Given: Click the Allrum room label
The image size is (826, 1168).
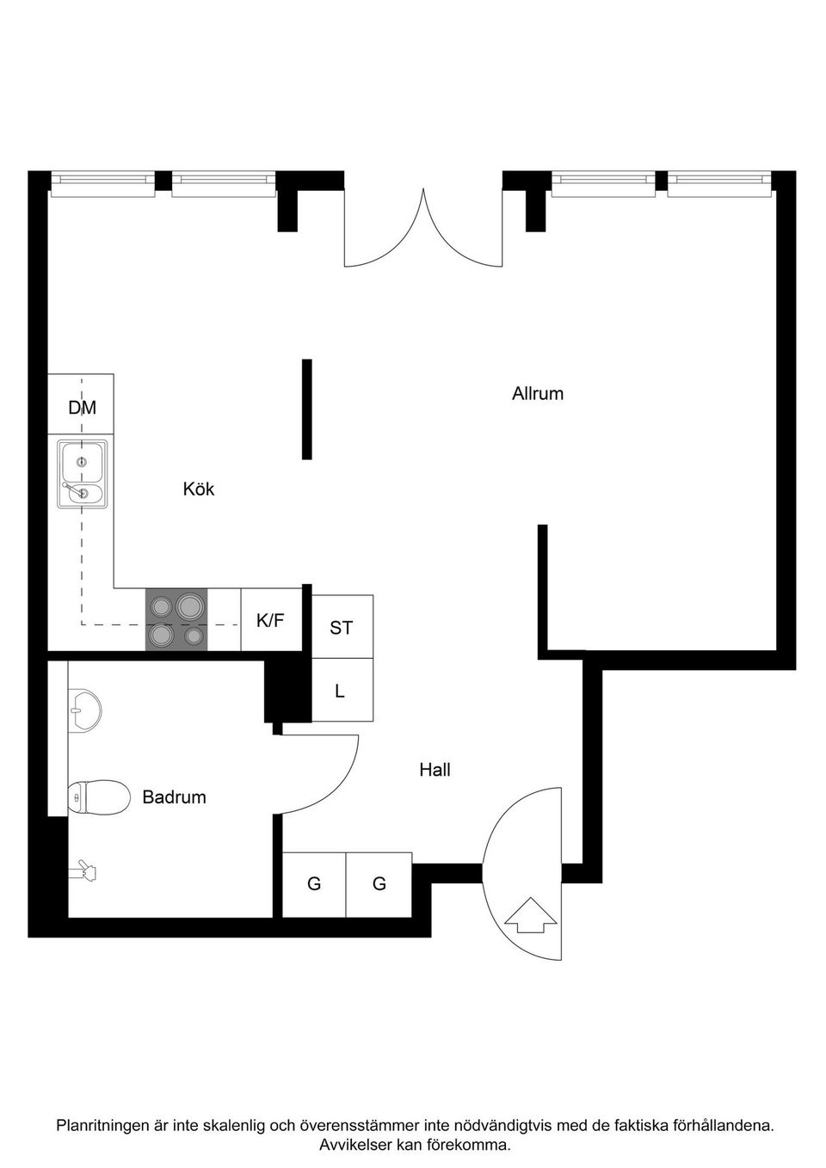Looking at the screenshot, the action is coord(538,394).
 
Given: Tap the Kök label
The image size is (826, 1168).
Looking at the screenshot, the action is coord(199,489).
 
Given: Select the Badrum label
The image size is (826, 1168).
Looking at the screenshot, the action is coord(174,797).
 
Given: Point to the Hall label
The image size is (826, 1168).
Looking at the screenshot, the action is coord(435,770).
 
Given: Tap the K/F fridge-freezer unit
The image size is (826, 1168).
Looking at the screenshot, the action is coord(271,619).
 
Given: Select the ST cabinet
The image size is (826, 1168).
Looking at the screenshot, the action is coord(342,626).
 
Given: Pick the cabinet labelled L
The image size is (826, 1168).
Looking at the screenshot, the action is coord(342,690).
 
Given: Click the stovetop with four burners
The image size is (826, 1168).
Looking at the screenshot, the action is coord(176,619).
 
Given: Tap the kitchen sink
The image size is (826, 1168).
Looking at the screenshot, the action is coord(83,474).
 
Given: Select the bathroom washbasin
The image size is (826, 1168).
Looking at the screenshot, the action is coord(85,710).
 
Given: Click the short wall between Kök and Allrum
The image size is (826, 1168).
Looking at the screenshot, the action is coord(307,409).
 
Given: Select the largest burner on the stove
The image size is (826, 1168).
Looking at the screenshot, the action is coord(188,605).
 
